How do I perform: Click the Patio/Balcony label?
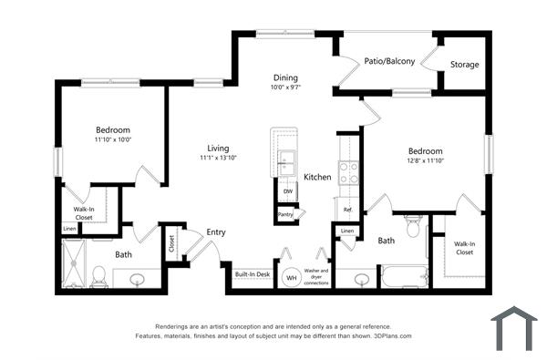tap(390, 62)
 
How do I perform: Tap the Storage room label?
tap(464, 65)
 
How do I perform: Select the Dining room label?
tap(284, 77)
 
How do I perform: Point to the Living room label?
tap(218, 148)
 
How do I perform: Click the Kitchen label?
tap(317, 176)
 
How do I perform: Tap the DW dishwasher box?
tap(287, 192)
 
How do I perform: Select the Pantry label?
tap(285, 215)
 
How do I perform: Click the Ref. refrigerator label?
tap(347, 210)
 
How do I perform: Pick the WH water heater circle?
tap(292, 277)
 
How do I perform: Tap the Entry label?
tap(215, 231)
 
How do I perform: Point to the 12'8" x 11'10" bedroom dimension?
tap(425, 161)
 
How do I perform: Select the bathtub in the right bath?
tap(404, 276)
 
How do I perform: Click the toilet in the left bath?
tap(98, 274)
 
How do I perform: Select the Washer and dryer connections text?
tap(316, 277)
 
